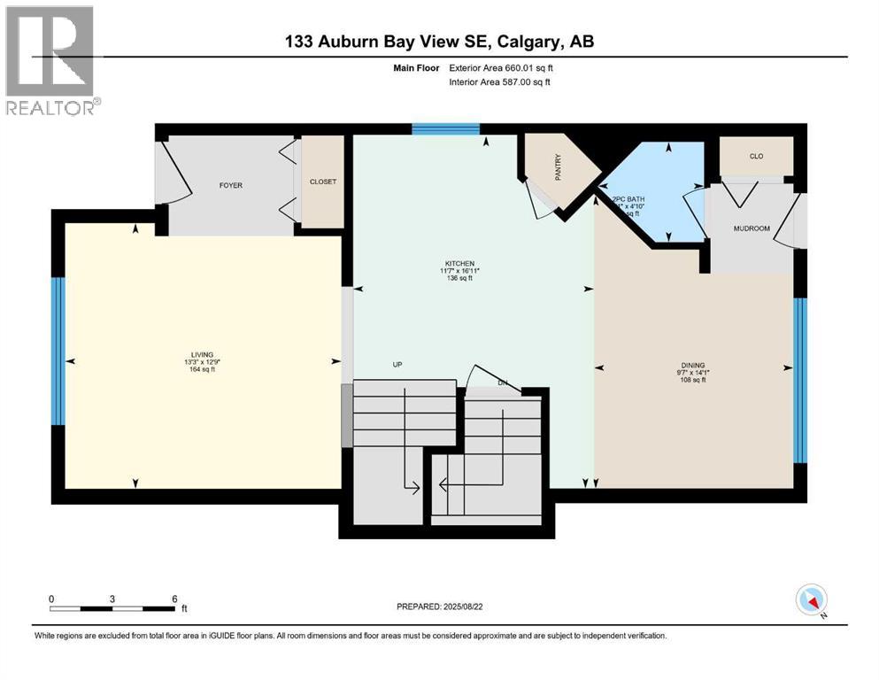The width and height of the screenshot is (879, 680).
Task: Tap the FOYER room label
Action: [231, 185]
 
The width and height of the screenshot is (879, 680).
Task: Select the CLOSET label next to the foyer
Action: [322, 182]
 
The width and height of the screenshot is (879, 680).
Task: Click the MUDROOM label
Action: [752, 228]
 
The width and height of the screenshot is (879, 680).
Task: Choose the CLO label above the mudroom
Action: [756, 157]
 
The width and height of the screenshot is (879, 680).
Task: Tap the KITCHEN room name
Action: [460, 263]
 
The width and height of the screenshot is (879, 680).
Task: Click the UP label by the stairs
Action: [398, 364]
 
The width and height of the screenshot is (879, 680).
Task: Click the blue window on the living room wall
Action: [58, 352]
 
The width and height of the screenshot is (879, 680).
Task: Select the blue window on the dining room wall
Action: [800, 381]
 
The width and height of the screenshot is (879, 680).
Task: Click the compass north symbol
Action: [812, 601]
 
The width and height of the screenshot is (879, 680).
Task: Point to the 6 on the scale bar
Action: [174, 599]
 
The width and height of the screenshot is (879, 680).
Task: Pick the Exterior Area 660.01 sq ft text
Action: [506, 67]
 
